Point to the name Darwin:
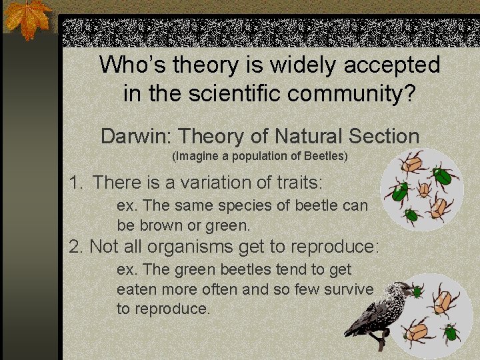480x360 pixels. [137, 137]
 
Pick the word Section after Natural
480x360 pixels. [387, 137]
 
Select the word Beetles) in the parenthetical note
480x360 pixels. [325, 157]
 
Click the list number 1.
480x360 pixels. [77, 182]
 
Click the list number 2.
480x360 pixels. [77, 247]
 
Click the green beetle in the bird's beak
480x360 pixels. [417, 291]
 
